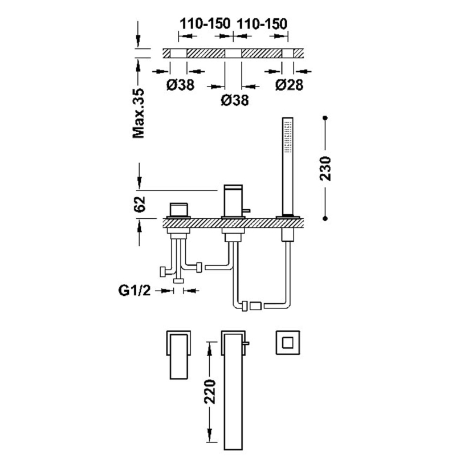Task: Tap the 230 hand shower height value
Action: [325, 169]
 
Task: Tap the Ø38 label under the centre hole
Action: [234, 101]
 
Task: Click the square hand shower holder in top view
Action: [287, 343]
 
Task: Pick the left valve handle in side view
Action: [180, 209]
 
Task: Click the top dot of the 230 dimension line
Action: [325, 119]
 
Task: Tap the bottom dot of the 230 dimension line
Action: [325, 218]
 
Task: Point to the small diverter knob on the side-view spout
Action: [247, 212]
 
